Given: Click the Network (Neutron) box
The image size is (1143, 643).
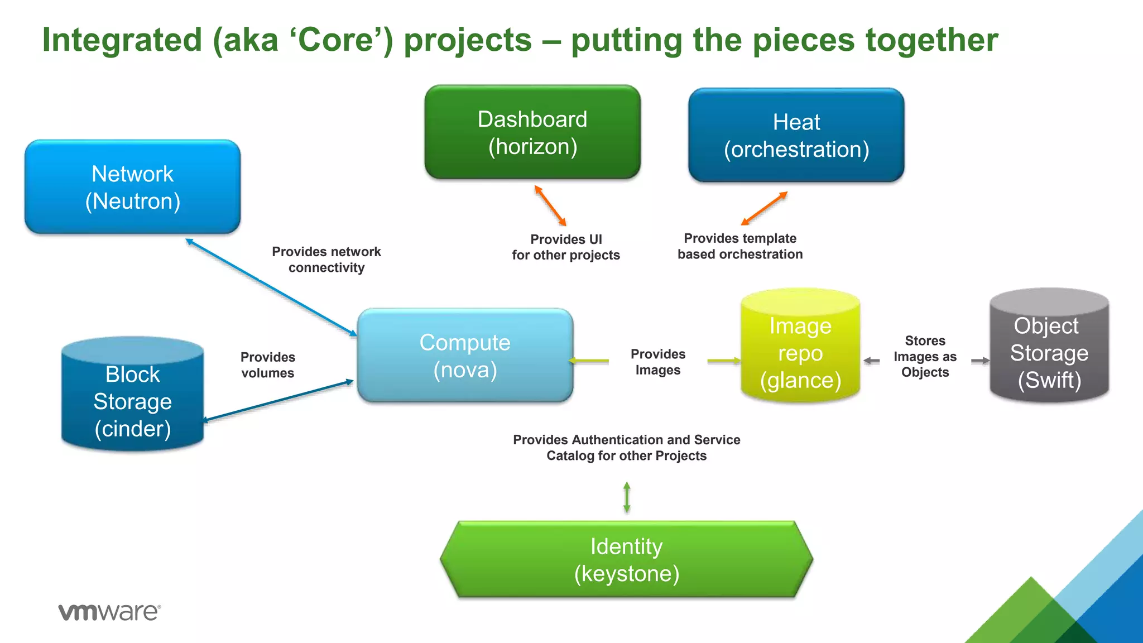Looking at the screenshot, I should (x=132, y=187).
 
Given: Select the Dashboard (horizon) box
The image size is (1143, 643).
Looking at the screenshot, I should (x=532, y=133).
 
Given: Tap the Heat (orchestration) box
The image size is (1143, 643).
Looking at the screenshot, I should (x=796, y=136).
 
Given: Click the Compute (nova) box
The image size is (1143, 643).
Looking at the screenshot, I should (x=465, y=356).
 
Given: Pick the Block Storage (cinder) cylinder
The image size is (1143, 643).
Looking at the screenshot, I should (x=132, y=396).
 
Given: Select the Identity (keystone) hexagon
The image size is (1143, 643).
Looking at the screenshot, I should (x=626, y=559).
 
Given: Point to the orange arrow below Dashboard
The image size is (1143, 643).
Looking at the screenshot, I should (x=550, y=205).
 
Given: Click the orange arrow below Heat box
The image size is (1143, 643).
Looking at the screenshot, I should (x=764, y=208).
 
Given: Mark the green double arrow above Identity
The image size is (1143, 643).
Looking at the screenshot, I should (x=627, y=497).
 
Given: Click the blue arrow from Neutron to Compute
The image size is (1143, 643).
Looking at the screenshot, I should (x=271, y=287).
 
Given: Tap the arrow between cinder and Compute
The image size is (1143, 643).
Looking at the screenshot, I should (x=278, y=401).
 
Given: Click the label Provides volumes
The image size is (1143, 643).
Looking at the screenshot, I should (x=268, y=365).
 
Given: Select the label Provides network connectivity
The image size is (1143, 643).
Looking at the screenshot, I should (x=326, y=260).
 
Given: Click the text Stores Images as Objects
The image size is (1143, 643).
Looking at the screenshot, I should (x=925, y=357).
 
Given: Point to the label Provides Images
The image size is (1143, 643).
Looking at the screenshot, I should (x=658, y=362).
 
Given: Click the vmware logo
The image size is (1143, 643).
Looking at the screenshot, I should (x=109, y=612).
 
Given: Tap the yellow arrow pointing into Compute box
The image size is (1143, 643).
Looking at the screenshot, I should (x=589, y=361).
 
